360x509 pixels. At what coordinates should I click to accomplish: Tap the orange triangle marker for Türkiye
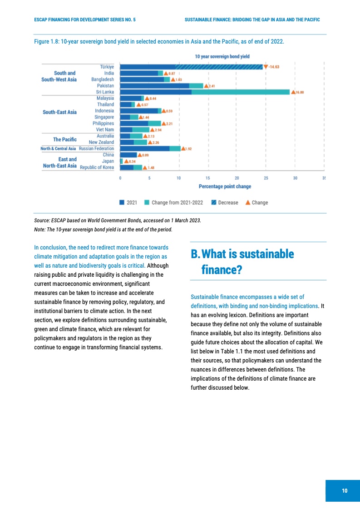tap(266, 67)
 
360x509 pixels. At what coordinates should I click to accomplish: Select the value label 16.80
tap(300, 92)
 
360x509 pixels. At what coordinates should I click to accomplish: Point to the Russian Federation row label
tap(96, 148)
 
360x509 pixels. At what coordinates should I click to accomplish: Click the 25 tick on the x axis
tap(266, 178)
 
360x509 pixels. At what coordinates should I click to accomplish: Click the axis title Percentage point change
tap(225, 186)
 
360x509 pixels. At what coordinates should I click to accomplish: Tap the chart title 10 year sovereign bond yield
tap(222, 56)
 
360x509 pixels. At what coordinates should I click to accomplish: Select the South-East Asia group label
tap(59, 113)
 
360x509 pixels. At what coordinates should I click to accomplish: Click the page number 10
tap(345, 491)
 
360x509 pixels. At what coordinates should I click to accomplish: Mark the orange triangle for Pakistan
tap(206, 86)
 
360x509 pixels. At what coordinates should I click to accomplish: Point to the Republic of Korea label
tap(97, 167)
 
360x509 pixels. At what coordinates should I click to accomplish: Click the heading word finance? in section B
tap(222, 270)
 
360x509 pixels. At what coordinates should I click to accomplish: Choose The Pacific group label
tap(64, 139)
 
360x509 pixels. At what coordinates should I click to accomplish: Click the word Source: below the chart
tap(43, 220)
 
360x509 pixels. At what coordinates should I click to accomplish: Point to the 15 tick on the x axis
tap(207, 178)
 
